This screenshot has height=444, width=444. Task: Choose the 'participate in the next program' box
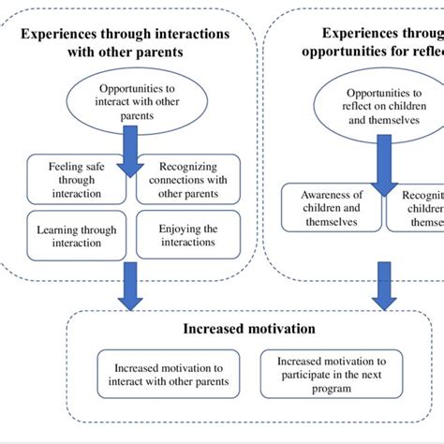[x=330, y=374]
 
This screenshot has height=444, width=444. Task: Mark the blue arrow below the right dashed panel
[x=382, y=286]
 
